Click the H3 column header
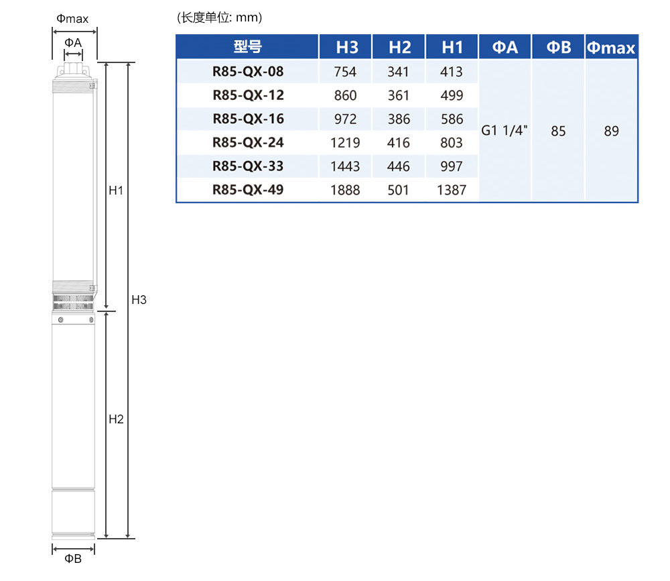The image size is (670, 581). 346,47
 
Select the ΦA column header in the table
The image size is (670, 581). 505,47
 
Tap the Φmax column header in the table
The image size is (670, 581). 610,47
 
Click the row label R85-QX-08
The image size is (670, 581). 248,71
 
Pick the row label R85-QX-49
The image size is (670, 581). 248,190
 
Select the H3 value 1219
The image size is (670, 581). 345,142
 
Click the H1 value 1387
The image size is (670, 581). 451,190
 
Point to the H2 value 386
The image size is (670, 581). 399,119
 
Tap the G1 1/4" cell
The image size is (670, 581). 505,130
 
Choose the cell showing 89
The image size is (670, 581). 612,131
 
